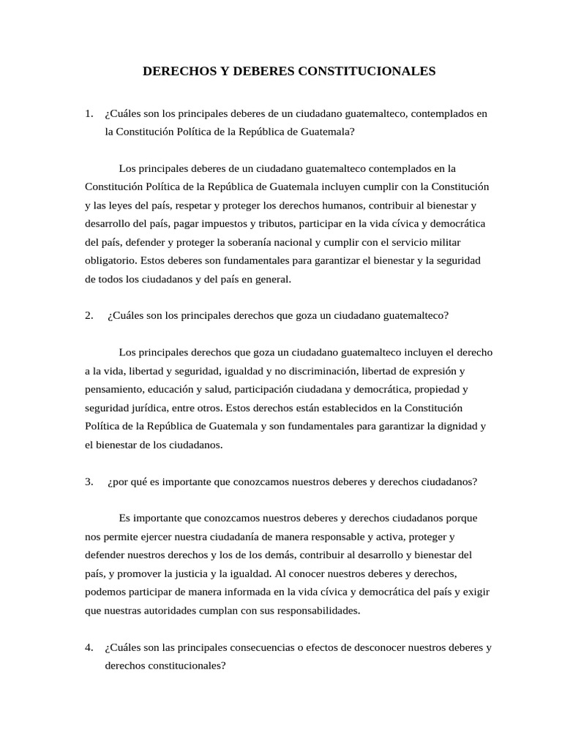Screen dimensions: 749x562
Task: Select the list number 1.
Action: (x=89, y=113)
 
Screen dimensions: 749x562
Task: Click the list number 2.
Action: (x=89, y=315)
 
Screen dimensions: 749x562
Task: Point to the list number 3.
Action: (x=89, y=481)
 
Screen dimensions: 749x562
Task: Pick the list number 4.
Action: (x=89, y=647)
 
